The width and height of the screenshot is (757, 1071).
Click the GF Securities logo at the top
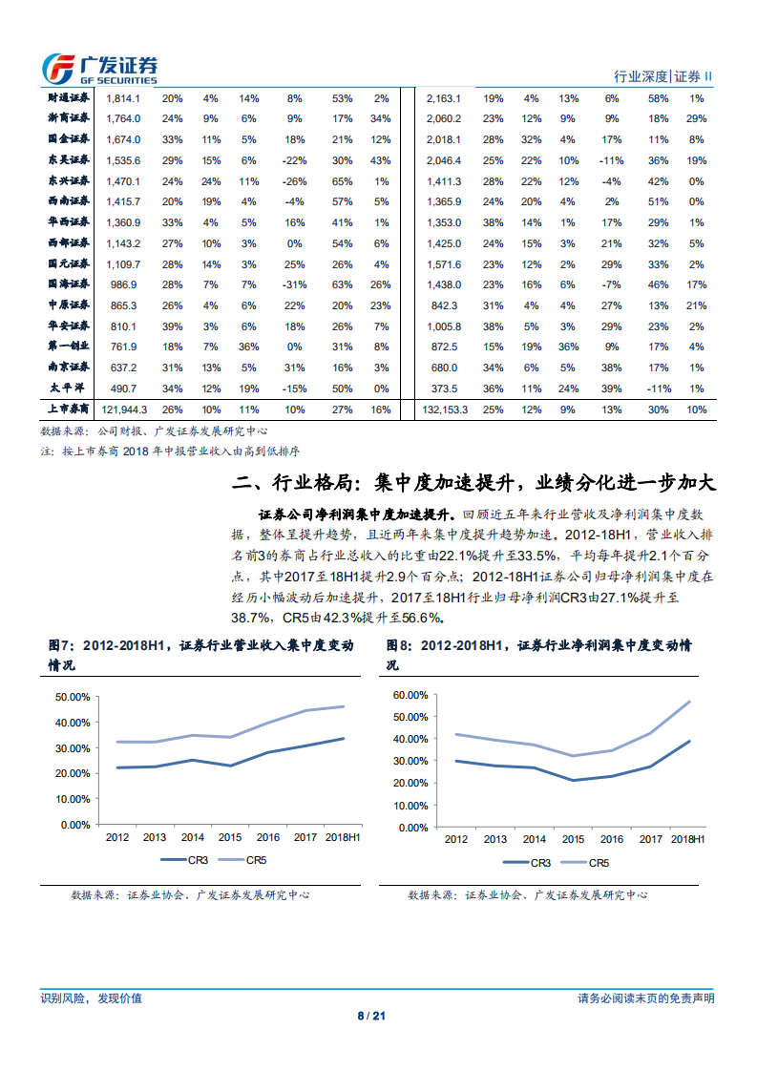tap(99, 68)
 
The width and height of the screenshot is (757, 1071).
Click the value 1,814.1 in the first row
tap(123, 98)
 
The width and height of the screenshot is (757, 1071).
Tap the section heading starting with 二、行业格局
tap(473, 481)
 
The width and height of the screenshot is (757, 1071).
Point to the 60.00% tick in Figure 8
tap(411, 694)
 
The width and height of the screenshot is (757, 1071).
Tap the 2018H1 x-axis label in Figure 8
tap(686, 839)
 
